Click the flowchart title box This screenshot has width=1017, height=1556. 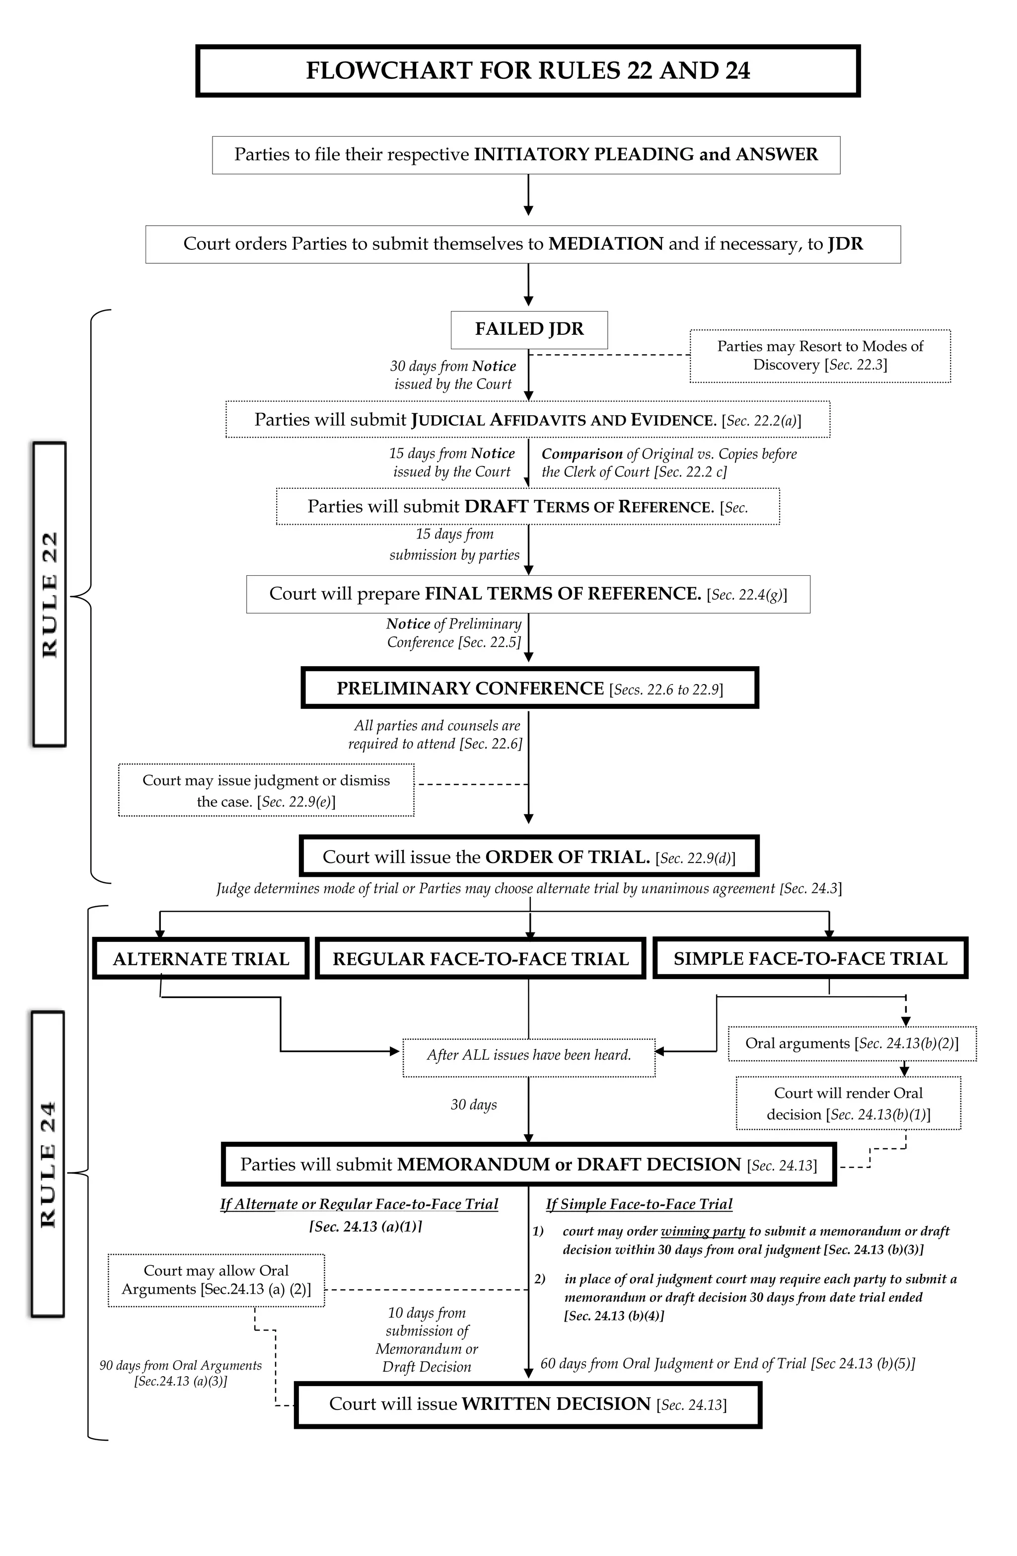click(527, 71)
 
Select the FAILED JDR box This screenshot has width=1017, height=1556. click(529, 329)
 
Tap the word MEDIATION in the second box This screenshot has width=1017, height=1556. click(606, 244)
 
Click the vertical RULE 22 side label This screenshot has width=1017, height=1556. click(50, 594)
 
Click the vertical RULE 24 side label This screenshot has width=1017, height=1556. click(48, 1165)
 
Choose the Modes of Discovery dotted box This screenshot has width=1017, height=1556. click(820, 356)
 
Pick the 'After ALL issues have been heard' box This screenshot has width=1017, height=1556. click(529, 1055)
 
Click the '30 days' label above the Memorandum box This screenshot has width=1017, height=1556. click(474, 1104)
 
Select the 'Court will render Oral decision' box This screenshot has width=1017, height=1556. click(848, 1103)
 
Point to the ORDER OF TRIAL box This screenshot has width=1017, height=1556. click(529, 857)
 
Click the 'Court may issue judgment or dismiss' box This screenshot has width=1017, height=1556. click(266, 790)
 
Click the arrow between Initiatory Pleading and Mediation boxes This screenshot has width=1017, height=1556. click(528, 195)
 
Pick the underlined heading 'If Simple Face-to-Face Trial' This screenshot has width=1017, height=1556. click(639, 1204)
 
